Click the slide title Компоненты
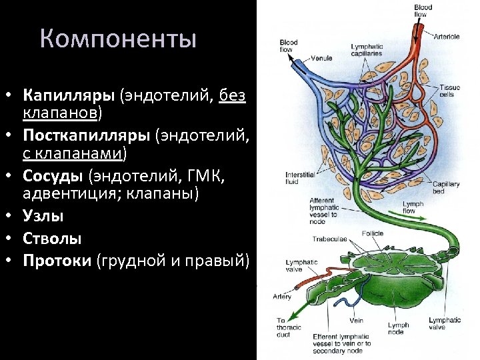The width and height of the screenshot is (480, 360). (118, 39)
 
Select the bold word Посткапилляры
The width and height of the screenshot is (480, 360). (87, 136)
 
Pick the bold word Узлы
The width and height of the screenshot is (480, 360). (44, 216)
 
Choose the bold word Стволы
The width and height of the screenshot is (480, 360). (53, 238)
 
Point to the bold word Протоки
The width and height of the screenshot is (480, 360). (58, 259)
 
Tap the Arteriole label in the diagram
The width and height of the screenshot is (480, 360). (447, 36)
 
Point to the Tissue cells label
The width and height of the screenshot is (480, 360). (449, 91)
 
